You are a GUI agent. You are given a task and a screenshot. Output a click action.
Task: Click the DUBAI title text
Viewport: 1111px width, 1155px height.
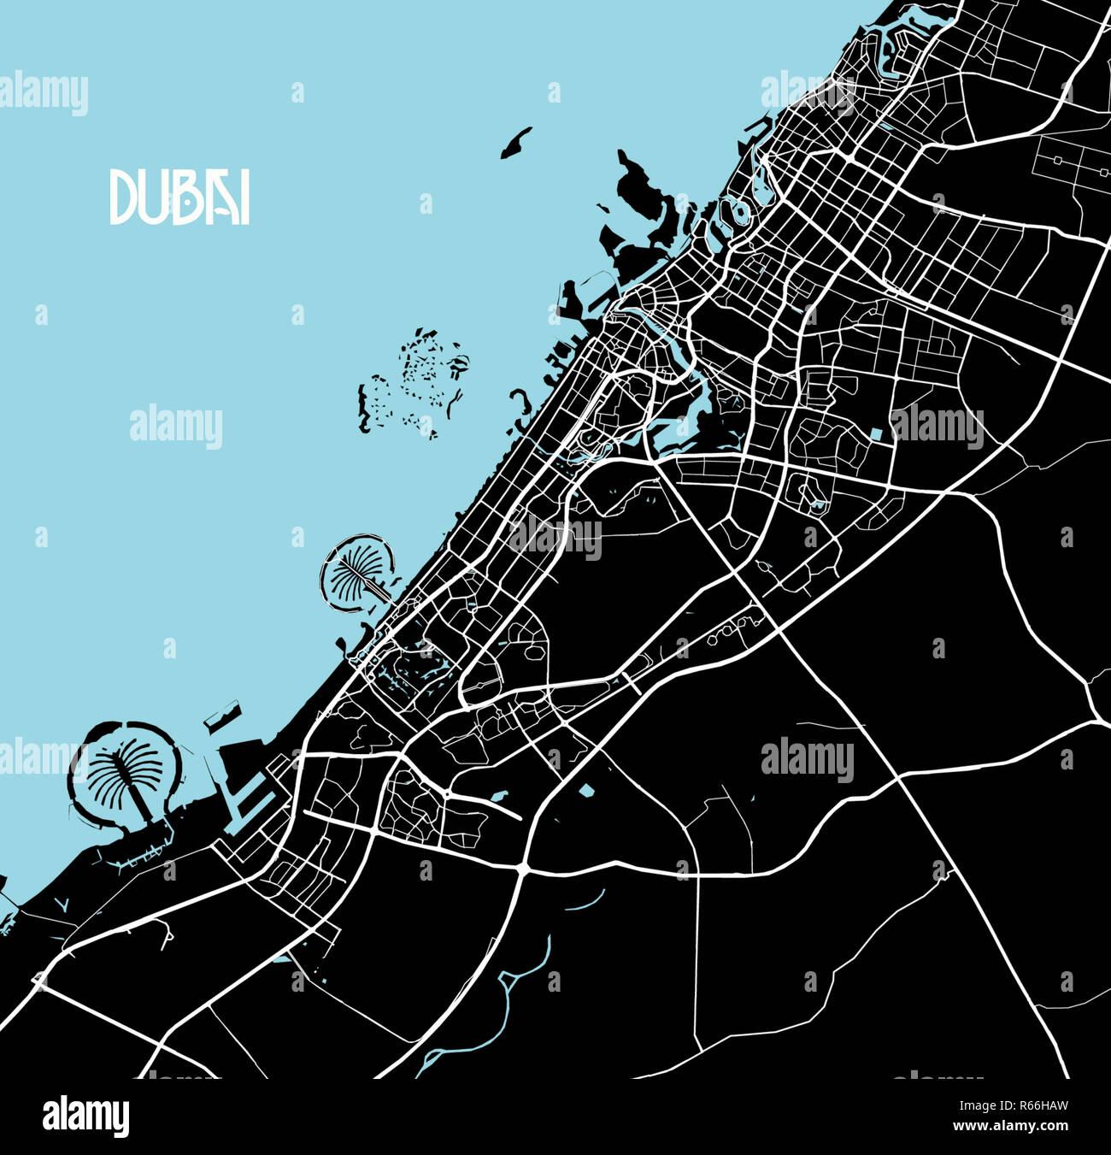[179, 197]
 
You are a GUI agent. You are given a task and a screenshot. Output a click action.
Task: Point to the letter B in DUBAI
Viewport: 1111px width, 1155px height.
[180, 197]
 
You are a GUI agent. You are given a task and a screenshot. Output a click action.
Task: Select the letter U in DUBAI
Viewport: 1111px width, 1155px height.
[151, 197]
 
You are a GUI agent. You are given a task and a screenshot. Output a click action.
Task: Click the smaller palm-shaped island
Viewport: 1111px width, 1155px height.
[356, 571]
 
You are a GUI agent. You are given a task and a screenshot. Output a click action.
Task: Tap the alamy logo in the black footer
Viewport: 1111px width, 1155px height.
[86, 1116]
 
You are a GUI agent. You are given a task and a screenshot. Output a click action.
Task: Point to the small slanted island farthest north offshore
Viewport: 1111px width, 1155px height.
[515, 143]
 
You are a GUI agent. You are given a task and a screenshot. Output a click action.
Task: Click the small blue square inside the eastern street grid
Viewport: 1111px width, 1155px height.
[876, 434]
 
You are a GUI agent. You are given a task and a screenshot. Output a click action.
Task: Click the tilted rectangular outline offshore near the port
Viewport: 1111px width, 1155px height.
[221, 716]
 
